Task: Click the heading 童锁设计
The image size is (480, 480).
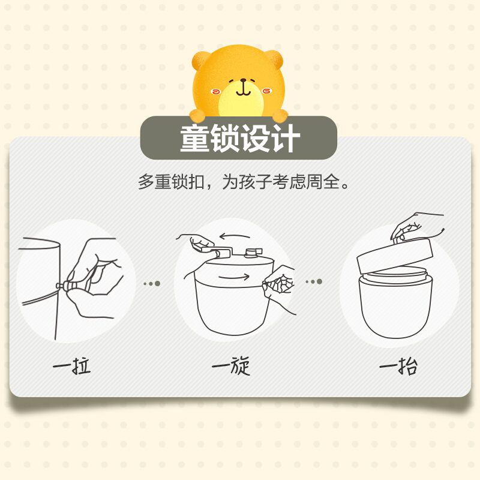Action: (240, 139)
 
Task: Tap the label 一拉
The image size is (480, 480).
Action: (72, 365)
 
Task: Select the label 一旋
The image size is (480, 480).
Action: (231, 365)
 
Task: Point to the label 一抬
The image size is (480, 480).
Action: (398, 366)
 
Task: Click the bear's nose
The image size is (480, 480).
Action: (244, 80)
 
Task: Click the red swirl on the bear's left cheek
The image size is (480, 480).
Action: (216, 91)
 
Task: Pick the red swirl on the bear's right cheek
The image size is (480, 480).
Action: (266, 91)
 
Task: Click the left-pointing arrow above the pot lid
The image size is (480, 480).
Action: (235, 236)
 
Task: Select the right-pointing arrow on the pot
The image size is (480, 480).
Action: (234, 277)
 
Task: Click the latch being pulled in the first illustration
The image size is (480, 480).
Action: (66, 286)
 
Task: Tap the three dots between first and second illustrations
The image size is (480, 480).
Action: (152, 284)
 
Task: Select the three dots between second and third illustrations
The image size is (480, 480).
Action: (314, 281)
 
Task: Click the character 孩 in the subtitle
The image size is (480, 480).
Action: (247, 182)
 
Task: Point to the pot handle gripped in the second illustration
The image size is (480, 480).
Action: (219, 251)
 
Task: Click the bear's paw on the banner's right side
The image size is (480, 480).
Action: (280, 116)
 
